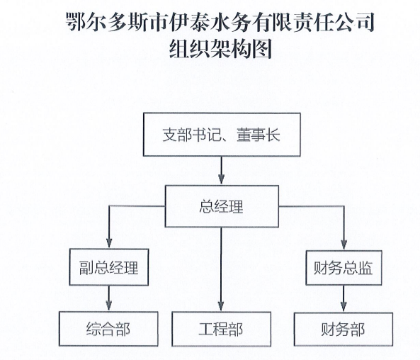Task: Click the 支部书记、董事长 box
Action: coord(222,135)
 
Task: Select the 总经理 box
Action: coord(222,206)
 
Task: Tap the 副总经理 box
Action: coord(109,267)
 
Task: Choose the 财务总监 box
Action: coord(344,268)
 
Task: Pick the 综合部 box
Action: coord(108,329)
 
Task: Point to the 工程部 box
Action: coord(221,329)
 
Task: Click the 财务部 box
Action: coord(344,330)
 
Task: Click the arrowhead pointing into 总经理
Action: coord(221,179)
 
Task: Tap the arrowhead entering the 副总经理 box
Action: coord(109,243)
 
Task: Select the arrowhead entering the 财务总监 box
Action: coord(344,244)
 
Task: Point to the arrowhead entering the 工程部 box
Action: coord(221,306)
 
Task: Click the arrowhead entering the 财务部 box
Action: coord(344,307)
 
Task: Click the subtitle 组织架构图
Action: coord(221,49)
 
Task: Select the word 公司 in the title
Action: coord(354,22)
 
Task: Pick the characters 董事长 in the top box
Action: coord(259,135)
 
